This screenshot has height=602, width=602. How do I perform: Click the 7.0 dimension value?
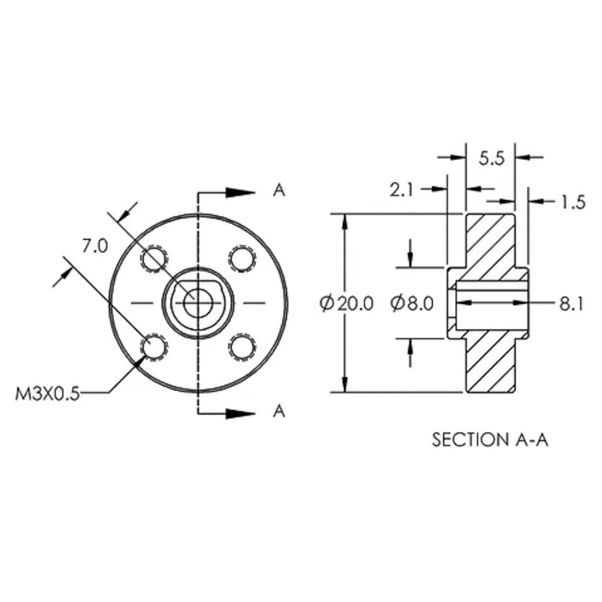tap(95, 246)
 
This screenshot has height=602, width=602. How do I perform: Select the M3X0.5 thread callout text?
tap(48, 394)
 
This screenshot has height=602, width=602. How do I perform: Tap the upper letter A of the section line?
tap(279, 190)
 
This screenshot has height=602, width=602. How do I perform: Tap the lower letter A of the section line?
tap(279, 411)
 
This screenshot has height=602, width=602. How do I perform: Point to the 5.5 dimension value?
tap(491, 158)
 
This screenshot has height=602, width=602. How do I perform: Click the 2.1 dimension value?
tap(402, 190)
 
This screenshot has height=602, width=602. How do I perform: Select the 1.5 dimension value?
tap(573, 202)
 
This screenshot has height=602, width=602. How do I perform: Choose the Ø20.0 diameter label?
tap(346, 303)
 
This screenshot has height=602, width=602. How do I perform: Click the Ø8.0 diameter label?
tap(412, 303)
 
